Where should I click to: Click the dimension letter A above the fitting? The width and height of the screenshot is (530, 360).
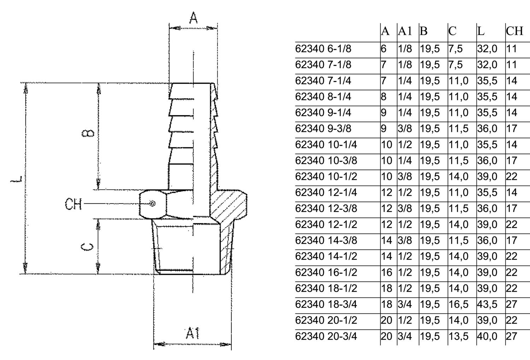193,18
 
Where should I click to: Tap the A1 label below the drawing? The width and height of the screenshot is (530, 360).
192,333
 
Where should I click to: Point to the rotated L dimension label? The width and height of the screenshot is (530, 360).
16,179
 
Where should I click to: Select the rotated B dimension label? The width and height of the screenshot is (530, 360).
88,133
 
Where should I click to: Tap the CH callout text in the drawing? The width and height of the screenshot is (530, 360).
73,204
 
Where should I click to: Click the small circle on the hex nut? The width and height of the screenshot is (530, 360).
152,203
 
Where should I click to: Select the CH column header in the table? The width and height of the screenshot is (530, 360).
514,31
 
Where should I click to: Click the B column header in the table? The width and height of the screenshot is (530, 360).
424,31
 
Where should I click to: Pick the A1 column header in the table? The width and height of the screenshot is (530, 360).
405,31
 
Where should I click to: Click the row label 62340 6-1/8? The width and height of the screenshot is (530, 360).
323,49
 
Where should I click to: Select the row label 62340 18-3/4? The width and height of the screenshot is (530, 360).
326,304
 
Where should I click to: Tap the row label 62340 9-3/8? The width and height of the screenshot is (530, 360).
323,129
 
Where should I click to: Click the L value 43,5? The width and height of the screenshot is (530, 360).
487,304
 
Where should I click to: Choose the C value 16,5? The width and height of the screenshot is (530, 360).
459,304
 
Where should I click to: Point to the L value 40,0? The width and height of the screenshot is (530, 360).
487,336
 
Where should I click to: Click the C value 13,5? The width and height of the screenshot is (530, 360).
459,336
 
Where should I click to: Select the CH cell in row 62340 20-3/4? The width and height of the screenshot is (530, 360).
512,336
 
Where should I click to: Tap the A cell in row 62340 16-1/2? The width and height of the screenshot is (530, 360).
387,272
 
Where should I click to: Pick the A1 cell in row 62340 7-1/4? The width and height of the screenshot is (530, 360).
405,81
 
